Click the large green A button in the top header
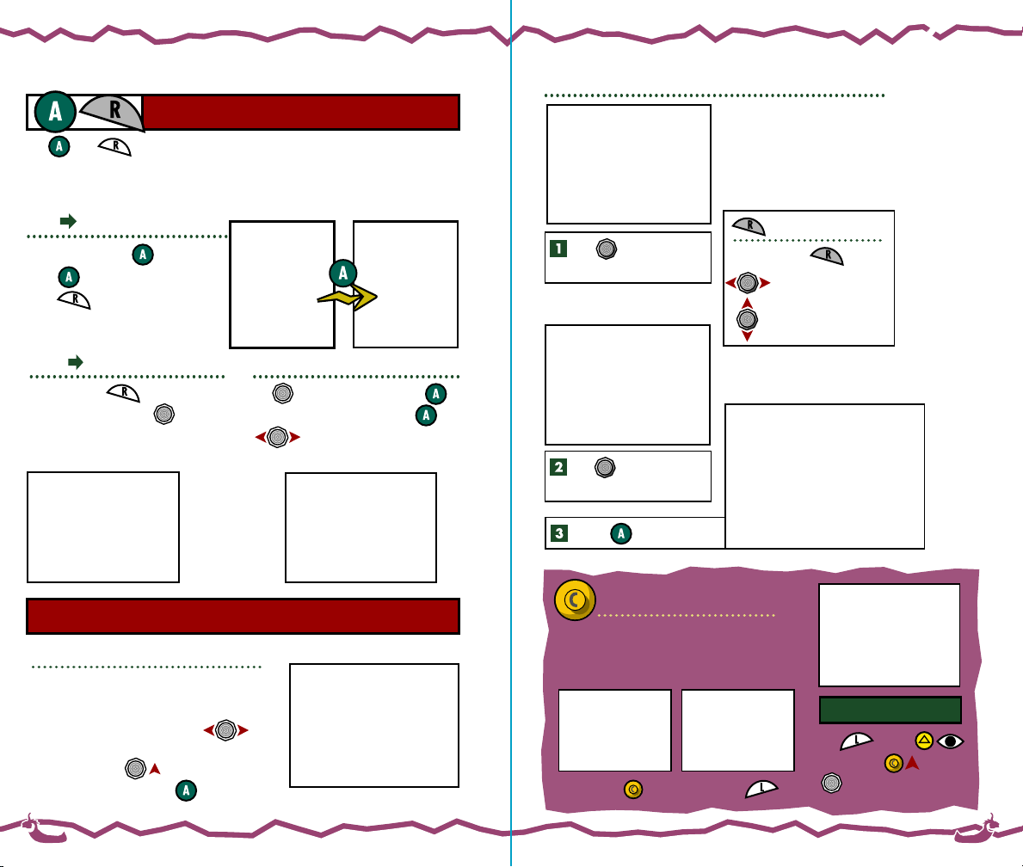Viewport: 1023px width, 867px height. tap(55, 112)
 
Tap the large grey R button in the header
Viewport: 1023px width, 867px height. tap(114, 112)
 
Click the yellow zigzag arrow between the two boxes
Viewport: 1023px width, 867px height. tap(348, 298)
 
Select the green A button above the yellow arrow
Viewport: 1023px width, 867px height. tap(342, 274)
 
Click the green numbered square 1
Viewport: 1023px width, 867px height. tap(558, 249)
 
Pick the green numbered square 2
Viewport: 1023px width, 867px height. tap(558, 467)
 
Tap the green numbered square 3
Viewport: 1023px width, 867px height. tap(558, 533)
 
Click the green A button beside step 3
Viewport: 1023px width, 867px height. tap(621, 533)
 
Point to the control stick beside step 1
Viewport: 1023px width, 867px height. tap(606, 249)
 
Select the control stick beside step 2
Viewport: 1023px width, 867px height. tap(605, 467)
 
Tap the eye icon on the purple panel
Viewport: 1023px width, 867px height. tap(950, 740)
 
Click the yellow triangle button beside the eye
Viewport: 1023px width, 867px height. tap(924, 740)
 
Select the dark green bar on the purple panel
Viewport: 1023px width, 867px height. tap(890, 710)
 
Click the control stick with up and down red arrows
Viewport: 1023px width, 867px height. tap(747, 318)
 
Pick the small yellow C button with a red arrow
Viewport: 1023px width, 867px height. tap(894, 763)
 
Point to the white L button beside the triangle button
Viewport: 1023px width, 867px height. tap(857, 741)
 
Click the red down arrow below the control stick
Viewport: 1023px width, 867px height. tap(747, 335)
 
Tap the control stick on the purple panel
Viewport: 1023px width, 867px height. tap(830, 782)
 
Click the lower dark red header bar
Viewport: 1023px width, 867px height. tap(243, 616)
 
